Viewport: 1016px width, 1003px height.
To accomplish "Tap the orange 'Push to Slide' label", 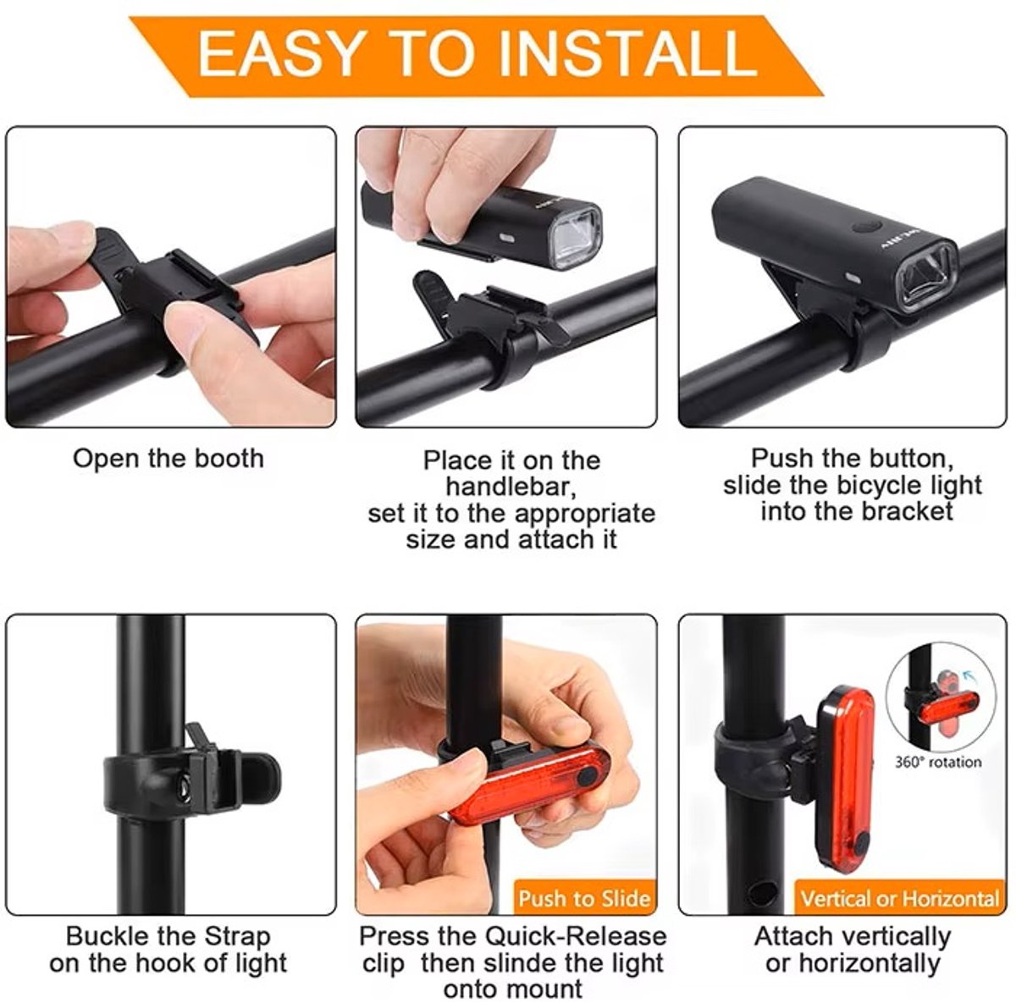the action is [583, 898].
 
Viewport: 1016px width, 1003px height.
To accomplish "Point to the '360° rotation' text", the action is [938, 762].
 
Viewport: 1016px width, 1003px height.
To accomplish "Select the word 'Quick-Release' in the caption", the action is [575, 936].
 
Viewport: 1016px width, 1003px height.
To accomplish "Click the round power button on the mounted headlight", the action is [866, 228].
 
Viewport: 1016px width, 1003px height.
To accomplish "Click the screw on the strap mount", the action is [184, 790].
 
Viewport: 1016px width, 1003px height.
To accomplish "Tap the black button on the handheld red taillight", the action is [587, 775].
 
